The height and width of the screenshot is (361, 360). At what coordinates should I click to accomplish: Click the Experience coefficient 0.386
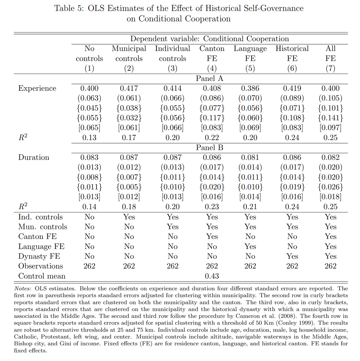(250, 88)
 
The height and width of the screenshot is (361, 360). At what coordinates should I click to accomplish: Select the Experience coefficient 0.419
(292, 88)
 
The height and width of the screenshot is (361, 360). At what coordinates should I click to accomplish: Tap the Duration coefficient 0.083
(89, 157)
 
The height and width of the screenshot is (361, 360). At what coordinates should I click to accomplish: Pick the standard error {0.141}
(330, 118)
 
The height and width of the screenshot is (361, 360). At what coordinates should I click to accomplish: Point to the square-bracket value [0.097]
(330, 128)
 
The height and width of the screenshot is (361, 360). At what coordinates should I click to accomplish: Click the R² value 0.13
(89, 138)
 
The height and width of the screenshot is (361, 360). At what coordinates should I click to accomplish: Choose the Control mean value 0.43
(212, 276)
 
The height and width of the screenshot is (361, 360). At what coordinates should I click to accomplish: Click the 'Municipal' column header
(129, 49)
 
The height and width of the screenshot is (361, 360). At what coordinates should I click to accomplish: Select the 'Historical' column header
(292, 49)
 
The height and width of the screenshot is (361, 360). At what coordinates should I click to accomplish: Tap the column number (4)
(212, 69)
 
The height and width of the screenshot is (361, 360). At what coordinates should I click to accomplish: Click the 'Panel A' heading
(210, 79)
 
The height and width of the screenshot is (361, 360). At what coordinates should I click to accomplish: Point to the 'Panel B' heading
(210, 148)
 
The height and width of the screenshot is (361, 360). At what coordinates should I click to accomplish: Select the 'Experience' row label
(37, 88)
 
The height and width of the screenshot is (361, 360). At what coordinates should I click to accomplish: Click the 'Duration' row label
(34, 157)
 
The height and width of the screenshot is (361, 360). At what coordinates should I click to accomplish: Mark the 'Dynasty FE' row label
(39, 256)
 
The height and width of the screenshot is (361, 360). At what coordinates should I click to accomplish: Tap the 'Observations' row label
(41, 266)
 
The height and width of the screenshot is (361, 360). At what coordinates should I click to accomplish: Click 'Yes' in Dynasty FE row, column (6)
(292, 256)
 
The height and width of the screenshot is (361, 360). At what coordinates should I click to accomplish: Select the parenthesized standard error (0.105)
(330, 98)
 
